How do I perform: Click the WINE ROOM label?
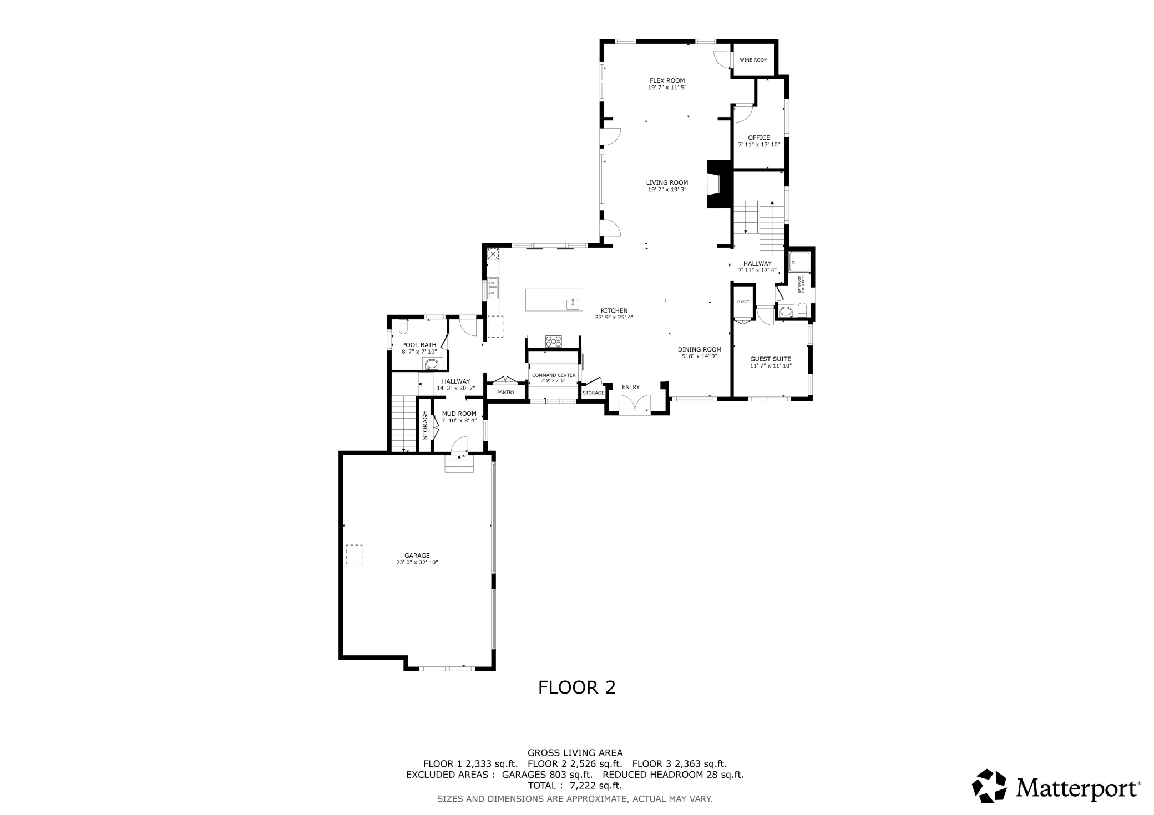[x=753, y=60]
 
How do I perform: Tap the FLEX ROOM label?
[x=667, y=80]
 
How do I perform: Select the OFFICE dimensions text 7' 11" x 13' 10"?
[x=758, y=145]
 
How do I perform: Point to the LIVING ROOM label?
[x=667, y=182]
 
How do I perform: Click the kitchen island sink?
[x=573, y=304]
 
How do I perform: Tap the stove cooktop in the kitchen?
[x=553, y=341]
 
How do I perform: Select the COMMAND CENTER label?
[x=554, y=375]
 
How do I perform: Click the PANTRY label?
[x=505, y=393]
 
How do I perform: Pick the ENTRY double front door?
[x=635, y=406]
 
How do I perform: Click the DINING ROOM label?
[x=699, y=350]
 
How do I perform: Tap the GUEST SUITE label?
[x=770, y=359]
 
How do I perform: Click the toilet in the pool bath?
[x=403, y=328]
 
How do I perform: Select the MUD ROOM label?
[x=459, y=414]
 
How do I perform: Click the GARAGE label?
[x=417, y=556]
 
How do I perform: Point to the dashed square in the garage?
[x=354, y=554]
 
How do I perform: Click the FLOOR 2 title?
[x=576, y=687]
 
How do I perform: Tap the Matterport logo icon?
[x=989, y=786]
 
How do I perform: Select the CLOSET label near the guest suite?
[x=743, y=302]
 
